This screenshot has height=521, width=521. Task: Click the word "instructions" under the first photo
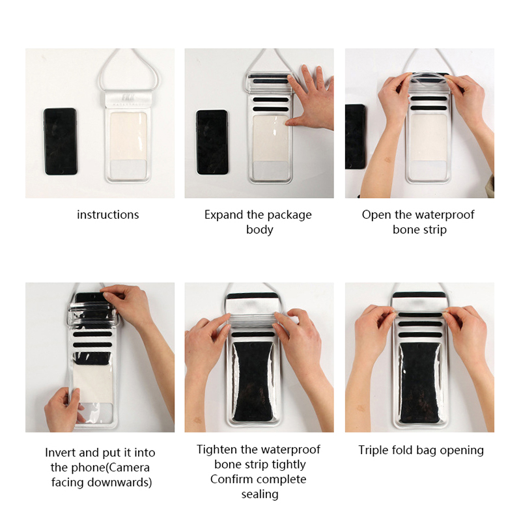point(108,215)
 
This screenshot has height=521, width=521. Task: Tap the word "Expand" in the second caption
point(224,215)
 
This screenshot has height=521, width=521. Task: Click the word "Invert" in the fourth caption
point(61,453)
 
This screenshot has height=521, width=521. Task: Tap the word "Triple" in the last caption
point(373,450)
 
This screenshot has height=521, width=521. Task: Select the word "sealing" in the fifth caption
point(260,494)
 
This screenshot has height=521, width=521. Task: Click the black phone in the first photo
point(61,141)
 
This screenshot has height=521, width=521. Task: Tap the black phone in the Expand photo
point(212,142)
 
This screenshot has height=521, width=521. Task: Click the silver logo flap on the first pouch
point(128,99)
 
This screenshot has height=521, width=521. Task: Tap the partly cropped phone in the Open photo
point(356,137)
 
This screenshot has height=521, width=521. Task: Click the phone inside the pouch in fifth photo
point(253,382)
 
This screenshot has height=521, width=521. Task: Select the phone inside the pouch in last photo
point(419,383)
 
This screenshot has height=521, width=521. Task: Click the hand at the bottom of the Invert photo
point(63,410)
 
